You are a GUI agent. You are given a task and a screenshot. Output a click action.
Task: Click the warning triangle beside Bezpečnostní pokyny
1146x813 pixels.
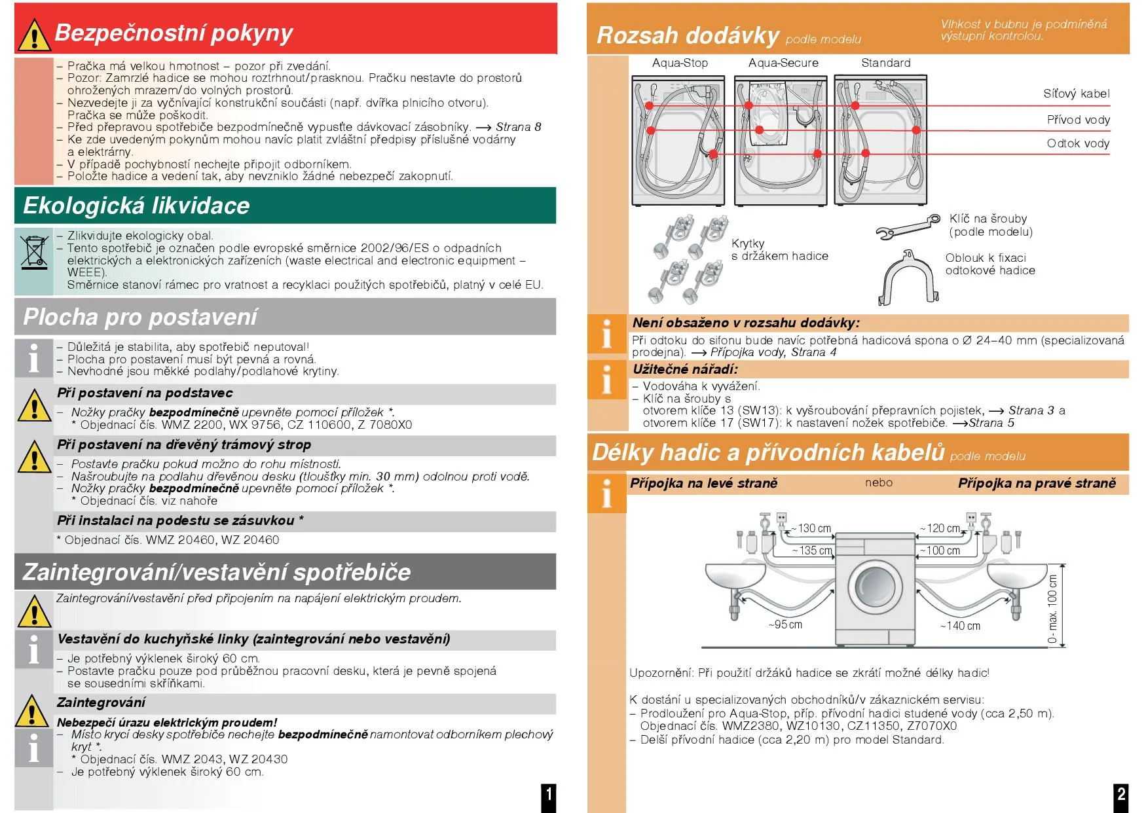click(33, 35)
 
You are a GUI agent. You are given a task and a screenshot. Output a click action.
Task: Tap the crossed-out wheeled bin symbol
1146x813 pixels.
click(34, 253)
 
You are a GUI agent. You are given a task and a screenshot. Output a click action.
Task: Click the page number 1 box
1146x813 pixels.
click(549, 796)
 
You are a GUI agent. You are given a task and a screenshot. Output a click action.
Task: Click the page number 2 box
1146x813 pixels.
click(1121, 796)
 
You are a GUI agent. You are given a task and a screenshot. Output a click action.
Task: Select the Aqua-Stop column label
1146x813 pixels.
click(680, 63)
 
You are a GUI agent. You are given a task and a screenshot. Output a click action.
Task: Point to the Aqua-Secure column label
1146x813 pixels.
click(783, 63)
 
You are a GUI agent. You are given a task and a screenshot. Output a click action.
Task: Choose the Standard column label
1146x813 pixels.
click(885, 63)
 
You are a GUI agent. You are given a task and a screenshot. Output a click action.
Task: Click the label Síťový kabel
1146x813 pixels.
click(1076, 94)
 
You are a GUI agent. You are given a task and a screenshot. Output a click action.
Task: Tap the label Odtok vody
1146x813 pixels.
click(1077, 144)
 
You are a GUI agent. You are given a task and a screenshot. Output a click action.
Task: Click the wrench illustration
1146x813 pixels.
click(908, 226)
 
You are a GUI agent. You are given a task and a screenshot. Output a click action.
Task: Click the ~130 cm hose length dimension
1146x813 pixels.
click(812, 529)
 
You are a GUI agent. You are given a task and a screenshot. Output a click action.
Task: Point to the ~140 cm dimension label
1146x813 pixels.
click(961, 626)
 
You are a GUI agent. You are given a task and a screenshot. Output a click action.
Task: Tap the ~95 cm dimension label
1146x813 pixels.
click(785, 625)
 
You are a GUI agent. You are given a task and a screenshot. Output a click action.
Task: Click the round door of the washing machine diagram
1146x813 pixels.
click(876, 585)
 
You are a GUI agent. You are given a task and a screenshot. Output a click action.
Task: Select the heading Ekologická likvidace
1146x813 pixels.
click(137, 206)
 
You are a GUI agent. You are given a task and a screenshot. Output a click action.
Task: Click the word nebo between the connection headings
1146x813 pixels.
click(878, 483)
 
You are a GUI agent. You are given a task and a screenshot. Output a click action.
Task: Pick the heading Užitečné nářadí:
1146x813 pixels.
click(685, 369)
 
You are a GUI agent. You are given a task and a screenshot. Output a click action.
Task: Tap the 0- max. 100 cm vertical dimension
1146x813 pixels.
click(1052, 608)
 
